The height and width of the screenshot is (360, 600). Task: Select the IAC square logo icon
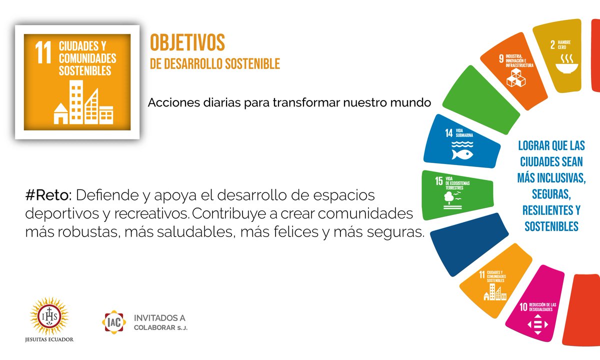coord(114,322)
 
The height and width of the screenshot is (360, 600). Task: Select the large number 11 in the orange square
coord(43,53)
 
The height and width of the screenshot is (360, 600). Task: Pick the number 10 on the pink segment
coord(523,307)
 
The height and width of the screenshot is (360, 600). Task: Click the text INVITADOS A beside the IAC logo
coord(159,317)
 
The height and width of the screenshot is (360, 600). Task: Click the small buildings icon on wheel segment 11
coord(495,293)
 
